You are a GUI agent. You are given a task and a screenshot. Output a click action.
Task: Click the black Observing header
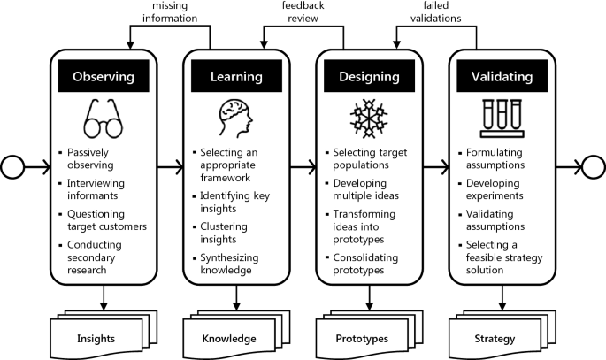point(104,77)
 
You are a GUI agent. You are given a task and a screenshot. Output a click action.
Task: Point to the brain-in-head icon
point(236,118)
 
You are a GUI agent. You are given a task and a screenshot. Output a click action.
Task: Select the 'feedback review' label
point(301,13)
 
